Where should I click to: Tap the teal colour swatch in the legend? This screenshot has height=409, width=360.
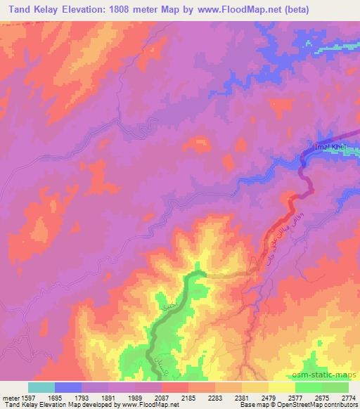click(x=41, y=387)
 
